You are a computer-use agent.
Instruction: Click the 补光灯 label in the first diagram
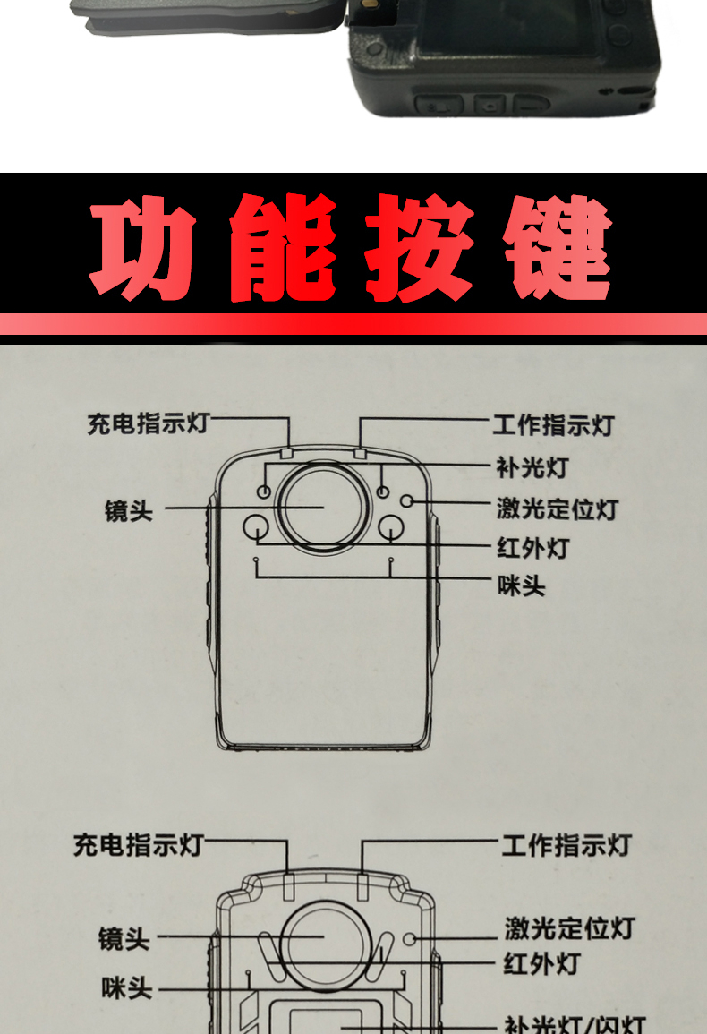pos(532,467)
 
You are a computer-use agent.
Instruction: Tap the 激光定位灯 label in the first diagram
pos(557,509)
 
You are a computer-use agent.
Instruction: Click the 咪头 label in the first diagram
pos(521,586)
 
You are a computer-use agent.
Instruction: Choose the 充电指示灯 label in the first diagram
pos(148,423)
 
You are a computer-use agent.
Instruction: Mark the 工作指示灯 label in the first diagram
pos(554,424)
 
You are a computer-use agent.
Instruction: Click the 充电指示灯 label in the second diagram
pos(139,843)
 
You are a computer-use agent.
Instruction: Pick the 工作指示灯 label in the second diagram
pos(566,844)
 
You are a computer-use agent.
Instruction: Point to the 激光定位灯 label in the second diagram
pos(569,928)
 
